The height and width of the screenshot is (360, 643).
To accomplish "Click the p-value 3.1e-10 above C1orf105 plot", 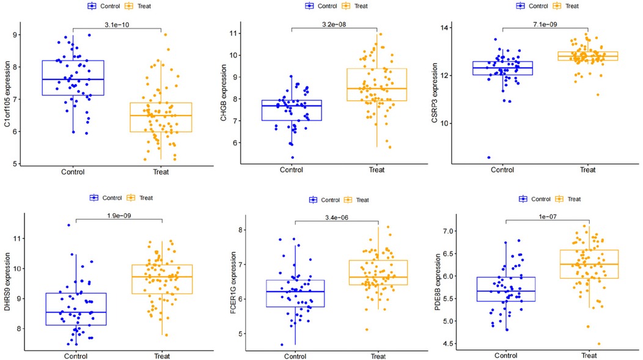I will [117, 23].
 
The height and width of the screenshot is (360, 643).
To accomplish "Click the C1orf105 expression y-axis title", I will [7, 93].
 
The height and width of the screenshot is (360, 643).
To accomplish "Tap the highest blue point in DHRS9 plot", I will [68, 225].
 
